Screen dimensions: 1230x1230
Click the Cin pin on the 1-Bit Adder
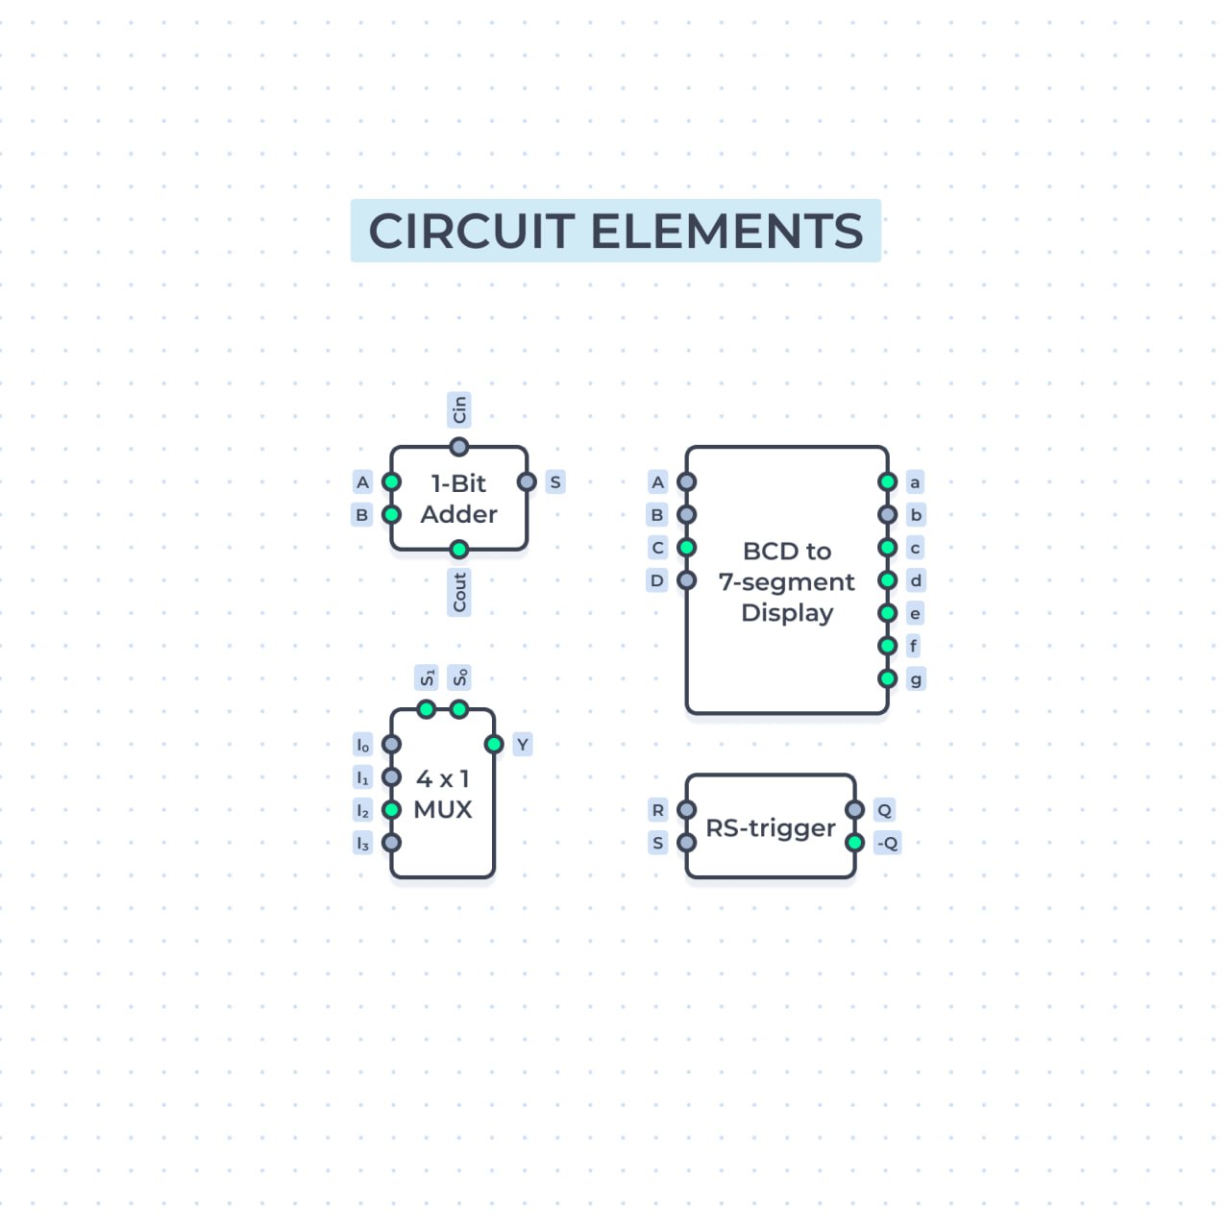pos(458,447)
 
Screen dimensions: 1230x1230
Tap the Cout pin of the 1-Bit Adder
pos(458,549)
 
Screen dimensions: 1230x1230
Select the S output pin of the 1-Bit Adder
pos(527,482)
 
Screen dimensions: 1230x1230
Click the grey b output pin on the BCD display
pos(887,514)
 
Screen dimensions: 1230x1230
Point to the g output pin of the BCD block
pos(887,678)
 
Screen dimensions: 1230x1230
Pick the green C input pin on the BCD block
pos(687,548)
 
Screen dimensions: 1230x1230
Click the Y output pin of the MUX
pos(494,745)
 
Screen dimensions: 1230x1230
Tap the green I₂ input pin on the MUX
pos(391,810)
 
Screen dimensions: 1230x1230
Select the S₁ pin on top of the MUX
pos(427,709)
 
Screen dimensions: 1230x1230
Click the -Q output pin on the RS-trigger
pos(854,843)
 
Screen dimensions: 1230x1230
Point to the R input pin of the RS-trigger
pos(687,810)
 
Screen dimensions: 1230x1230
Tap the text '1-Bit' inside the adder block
pos(458,483)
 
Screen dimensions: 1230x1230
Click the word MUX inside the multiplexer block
pos(443,810)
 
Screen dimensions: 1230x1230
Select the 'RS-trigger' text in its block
pos(771,828)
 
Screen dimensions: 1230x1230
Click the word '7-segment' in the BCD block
pos(786,582)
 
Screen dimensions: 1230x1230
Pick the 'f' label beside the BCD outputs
pos(914,646)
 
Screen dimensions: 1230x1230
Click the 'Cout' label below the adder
pos(459,592)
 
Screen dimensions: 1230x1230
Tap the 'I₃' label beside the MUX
pos(362,843)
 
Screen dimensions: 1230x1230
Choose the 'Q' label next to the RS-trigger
pos(885,811)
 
